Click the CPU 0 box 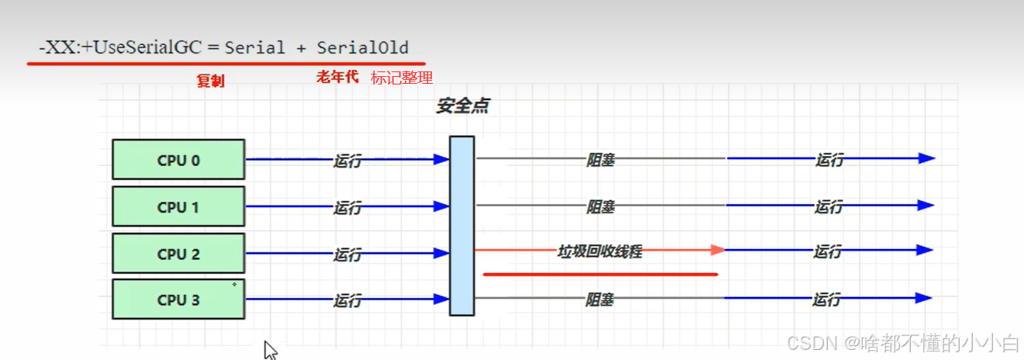pyautogui.click(x=178, y=160)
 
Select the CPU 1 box pyautogui.click(x=178, y=206)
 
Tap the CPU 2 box pyautogui.click(x=178, y=253)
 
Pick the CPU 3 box pyautogui.click(x=178, y=299)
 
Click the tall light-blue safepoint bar pyautogui.click(x=462, y=225)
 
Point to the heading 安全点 pyautogui.click(x=462, y=106)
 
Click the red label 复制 pyautogui.click(x=210, y=81)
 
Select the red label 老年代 pyautogui.click(x=337, y=77)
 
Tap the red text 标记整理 pyautogui.click(x=401, y=78)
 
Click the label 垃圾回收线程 pyautogui.click(x=600, y=251)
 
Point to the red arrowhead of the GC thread pyautogui.click(x=718, y=250)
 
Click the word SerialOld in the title pyautogui.click(x=362, y=47)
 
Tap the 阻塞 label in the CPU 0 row pyautogui.click(x=600, y=161)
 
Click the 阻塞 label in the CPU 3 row pyautogui.click(x=600, y=299)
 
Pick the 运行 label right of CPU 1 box pyautogui.click(x=348, y=207)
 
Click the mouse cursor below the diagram pyautogui.click(x=270, y=350)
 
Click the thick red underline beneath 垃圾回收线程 pyautogui.click(x=600, y=274)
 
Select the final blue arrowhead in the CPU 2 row pyautogui.click(x=924, y=251)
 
